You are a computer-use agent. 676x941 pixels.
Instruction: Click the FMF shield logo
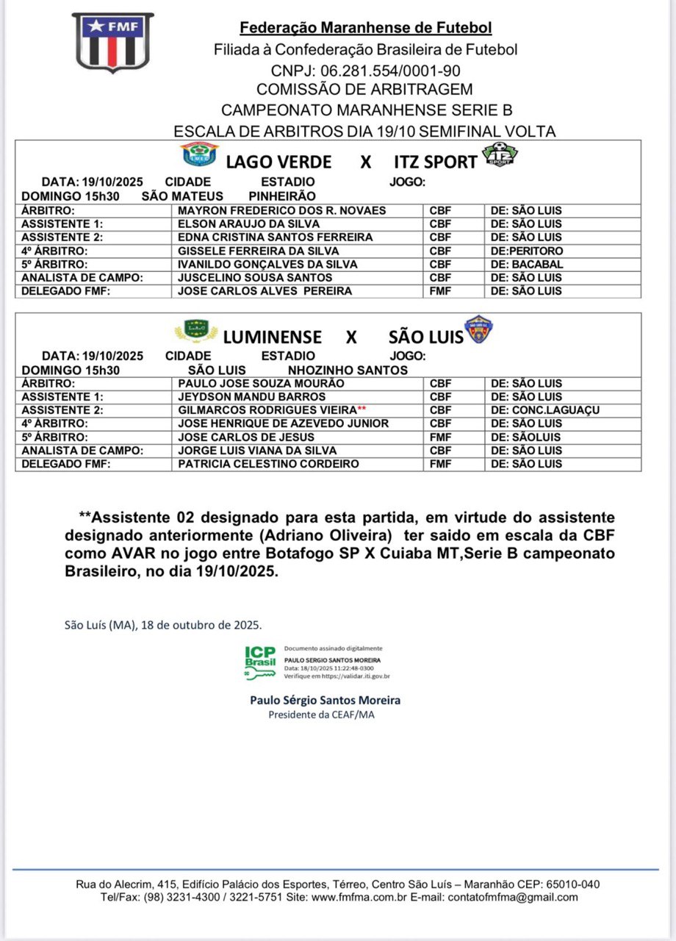112,42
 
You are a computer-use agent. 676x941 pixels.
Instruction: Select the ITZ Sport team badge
500,155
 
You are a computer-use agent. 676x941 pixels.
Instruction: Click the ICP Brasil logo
261,662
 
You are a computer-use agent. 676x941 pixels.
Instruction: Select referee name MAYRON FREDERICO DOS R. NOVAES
282,210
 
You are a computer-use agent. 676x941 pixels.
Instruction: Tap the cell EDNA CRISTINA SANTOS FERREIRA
276,237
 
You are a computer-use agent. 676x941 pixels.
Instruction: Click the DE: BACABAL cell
527,265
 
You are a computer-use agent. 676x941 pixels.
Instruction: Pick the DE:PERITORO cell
527,251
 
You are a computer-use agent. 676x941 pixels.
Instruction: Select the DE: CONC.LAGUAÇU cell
546,410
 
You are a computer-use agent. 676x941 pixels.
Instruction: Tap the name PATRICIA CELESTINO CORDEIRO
269,464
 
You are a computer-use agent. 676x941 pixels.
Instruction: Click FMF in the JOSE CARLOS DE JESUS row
440,437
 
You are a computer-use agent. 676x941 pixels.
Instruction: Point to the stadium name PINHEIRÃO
282,196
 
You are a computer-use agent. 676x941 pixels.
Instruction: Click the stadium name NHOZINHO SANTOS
348,371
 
